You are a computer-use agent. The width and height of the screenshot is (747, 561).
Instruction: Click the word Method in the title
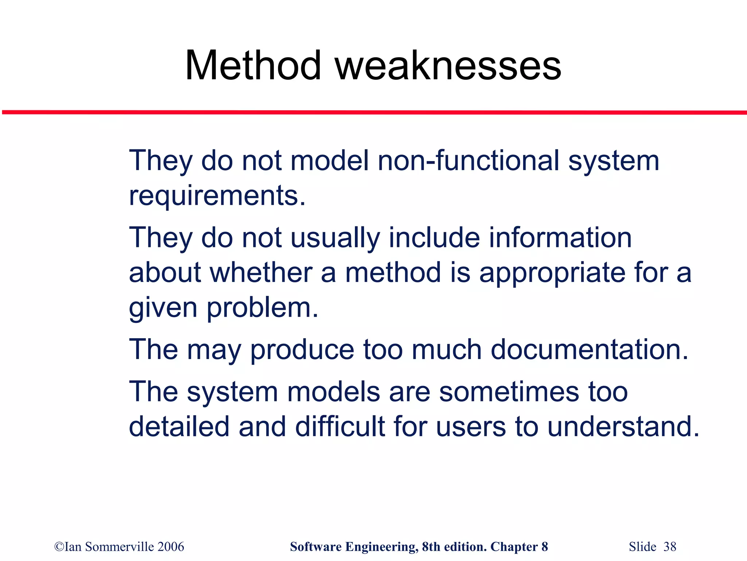pos(253,66)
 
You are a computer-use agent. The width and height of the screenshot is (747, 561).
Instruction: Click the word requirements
pos(217,196)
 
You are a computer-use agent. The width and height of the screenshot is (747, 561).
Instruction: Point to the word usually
pos(335,238)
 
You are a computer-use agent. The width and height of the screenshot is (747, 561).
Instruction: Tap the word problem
pos(262,308)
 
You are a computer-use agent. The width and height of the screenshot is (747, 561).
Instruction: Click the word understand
pos(623,426)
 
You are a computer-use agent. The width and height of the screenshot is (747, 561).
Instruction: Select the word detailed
pos(179,426)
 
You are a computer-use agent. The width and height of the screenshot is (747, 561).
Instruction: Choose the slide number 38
pos(670,547)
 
